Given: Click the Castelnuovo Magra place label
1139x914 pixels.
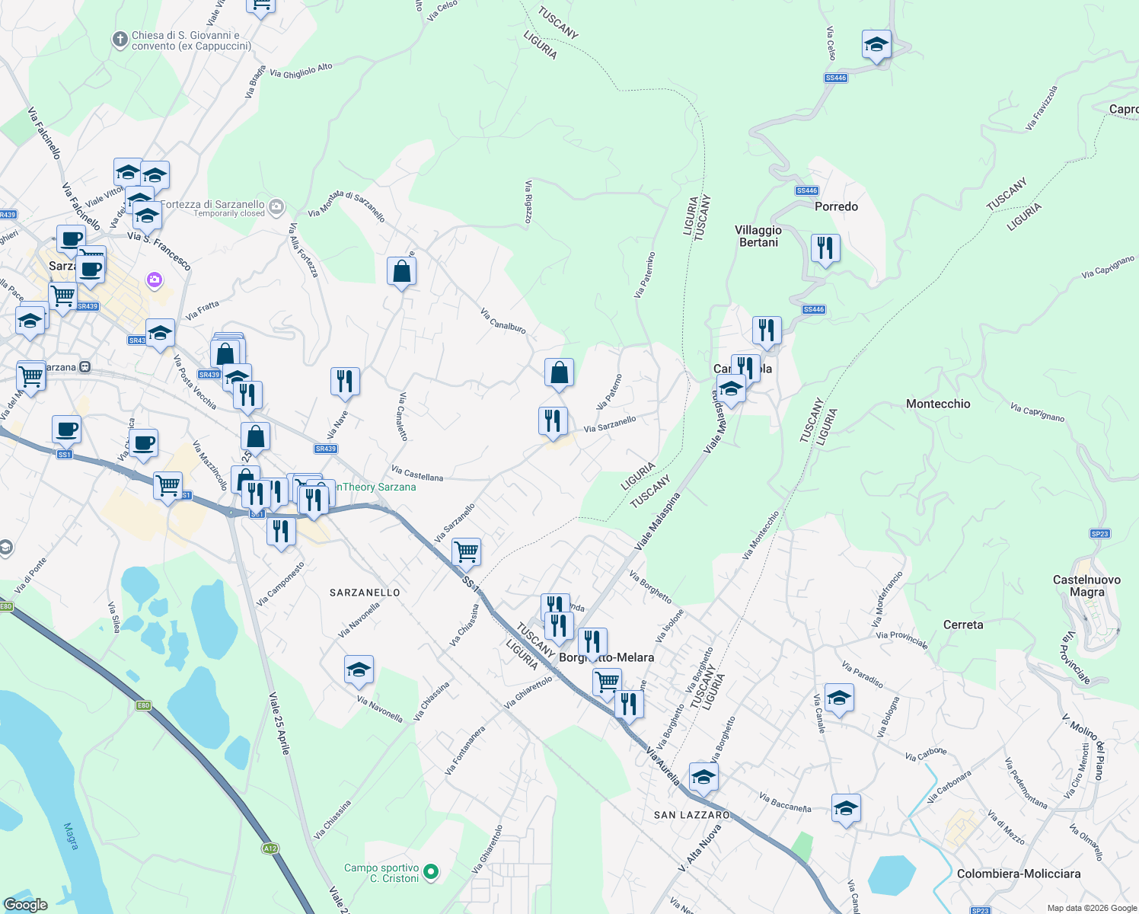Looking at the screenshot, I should tap(1086, 586).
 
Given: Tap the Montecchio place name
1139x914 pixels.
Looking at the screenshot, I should tap(938, 404).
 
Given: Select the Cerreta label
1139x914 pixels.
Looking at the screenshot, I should tap(963, 625).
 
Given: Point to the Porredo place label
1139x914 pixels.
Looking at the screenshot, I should tap(836, 206).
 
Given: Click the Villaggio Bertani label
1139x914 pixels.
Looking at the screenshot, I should tap(758, 236).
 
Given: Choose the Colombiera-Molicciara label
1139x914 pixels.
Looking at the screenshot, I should tap(1019, 874).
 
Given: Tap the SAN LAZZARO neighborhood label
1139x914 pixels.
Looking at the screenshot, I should tap(691, 815).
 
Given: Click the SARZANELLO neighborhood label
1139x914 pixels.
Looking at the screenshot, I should tap(365, 592).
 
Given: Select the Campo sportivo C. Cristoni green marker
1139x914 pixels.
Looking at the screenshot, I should tap(431, 871).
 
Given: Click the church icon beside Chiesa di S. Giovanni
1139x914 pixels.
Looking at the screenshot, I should tap(120, 40).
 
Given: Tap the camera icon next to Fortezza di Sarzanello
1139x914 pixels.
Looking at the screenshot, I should tap(276, 206).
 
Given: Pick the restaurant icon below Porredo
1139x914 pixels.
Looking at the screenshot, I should tap(825, 248).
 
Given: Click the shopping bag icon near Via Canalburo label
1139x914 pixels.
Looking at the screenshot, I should tap(559, 373).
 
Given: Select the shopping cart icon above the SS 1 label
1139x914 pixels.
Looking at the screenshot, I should tap(466, 551).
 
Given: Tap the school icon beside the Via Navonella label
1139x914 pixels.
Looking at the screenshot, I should tap(359, 670).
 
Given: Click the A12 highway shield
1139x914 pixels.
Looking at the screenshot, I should tap(270, 848).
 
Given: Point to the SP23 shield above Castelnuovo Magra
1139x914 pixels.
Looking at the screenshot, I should tap(1099, 534).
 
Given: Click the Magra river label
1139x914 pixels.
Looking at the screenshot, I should tap(71, 836).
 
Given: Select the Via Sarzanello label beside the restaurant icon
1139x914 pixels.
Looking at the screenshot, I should tap(610, 424).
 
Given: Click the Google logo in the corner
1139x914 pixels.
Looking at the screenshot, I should tap(25, 904).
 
